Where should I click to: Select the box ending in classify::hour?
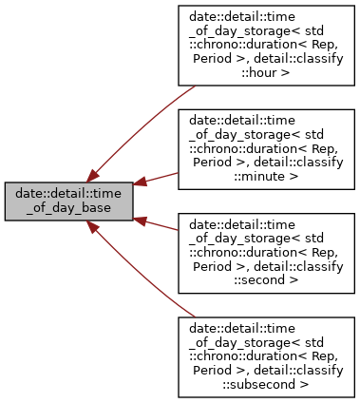266,46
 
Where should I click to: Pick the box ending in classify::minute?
266,147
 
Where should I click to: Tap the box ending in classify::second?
266,251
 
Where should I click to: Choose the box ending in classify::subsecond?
266,355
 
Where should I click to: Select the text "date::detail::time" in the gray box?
68,194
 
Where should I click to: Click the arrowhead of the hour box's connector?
94,175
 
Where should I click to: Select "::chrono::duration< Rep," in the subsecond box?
266,341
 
